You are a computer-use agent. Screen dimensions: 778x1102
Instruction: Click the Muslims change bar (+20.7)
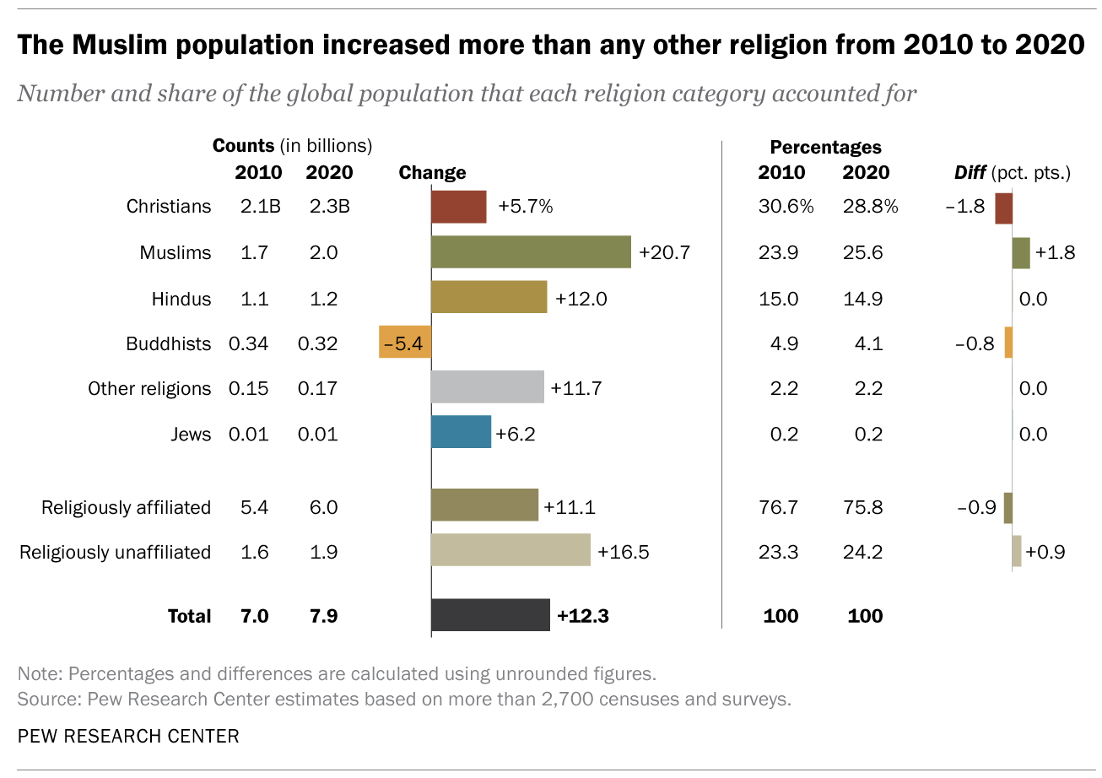click(x=531, y=251)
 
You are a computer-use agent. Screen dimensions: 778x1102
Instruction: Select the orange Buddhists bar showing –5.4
click(x=405, y=342)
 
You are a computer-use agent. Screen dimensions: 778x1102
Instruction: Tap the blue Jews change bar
click(x=461, y=431)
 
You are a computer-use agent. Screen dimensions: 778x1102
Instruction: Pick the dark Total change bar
click(x=490, y=615)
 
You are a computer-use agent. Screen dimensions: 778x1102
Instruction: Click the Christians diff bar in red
click(x=1003, y=208)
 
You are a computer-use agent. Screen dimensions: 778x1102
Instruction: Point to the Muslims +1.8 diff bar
click(x=1021, y=252)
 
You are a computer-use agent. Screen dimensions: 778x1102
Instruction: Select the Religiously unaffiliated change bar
click(x=510, y=549)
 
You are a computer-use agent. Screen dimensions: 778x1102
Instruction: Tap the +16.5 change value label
click(x=623, y=552)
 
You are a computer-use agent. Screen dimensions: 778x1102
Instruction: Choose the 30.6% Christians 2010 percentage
click(x=786, y=206)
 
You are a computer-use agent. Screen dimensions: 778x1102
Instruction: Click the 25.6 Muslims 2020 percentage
click(x=862, y=252)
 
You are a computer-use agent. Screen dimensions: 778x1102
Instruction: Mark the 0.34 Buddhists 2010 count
click(x=248, y=343)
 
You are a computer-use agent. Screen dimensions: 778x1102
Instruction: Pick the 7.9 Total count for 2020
click(x=323, y=616)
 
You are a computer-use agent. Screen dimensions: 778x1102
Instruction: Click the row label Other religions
click(x=149, y=388)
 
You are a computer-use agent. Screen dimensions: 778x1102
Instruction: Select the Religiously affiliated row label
click(x=126, y=507)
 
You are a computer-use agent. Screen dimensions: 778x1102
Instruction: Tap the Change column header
click(x=432, y=172)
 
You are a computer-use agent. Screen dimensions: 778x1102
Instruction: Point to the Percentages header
click(x=825, y=147)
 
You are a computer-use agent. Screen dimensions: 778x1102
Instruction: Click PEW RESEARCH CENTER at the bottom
click(x=128, y=736)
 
